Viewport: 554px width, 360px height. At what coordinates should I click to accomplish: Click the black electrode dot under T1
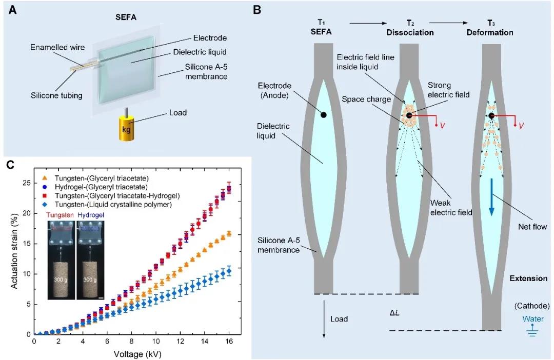tap(323, 115)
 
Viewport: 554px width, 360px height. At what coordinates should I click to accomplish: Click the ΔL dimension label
tap(395, 312)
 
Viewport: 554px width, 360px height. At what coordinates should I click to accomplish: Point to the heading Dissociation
tap(410, 32)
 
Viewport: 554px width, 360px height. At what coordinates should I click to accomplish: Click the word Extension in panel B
tap(528, 278)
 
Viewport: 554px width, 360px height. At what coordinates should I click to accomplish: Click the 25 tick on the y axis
tap(26, 183)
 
